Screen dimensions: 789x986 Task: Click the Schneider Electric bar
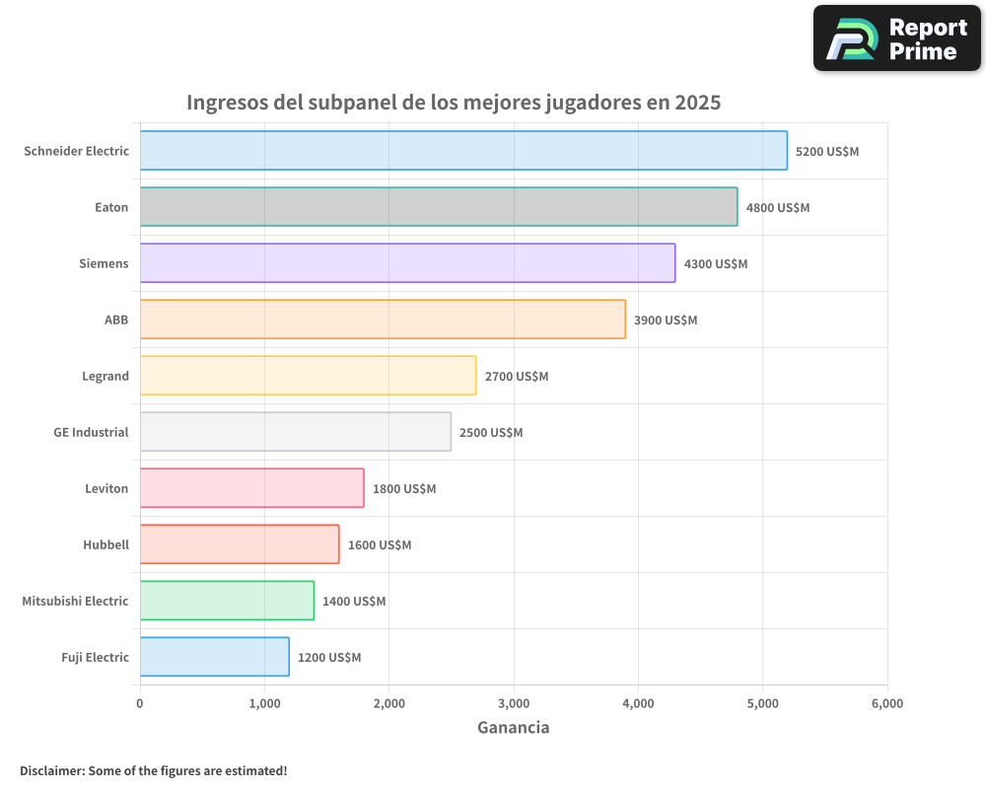tap(463, 151)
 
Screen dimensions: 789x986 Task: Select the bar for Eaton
tap(439, 207)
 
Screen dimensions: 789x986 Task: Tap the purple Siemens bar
tap(407, 263)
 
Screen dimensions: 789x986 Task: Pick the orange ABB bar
tap(383, 320)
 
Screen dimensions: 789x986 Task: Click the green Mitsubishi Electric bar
tap(227, 601)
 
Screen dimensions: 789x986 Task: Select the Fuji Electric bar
tap(214, 657)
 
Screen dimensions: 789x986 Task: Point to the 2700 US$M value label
tap(517, 377)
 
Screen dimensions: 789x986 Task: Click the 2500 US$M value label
tap(491, 433)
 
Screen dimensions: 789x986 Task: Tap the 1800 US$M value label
tap(404, 489)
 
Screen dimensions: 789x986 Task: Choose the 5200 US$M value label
tap(827, 152)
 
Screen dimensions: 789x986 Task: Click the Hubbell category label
tap(106, 544)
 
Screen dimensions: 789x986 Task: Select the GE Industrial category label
tap(91, 432)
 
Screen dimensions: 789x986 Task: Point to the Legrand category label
tap(106, 376)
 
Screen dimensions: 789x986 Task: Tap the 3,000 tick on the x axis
tap(514, 703)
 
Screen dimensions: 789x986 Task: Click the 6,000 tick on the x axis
tap(886, 703)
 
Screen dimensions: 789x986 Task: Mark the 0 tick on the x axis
tap(140, 703)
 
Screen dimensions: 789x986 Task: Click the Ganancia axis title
tap(513, 728)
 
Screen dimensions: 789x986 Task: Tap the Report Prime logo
tap(897, 38)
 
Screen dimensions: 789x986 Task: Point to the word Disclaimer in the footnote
tap(51, 770)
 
